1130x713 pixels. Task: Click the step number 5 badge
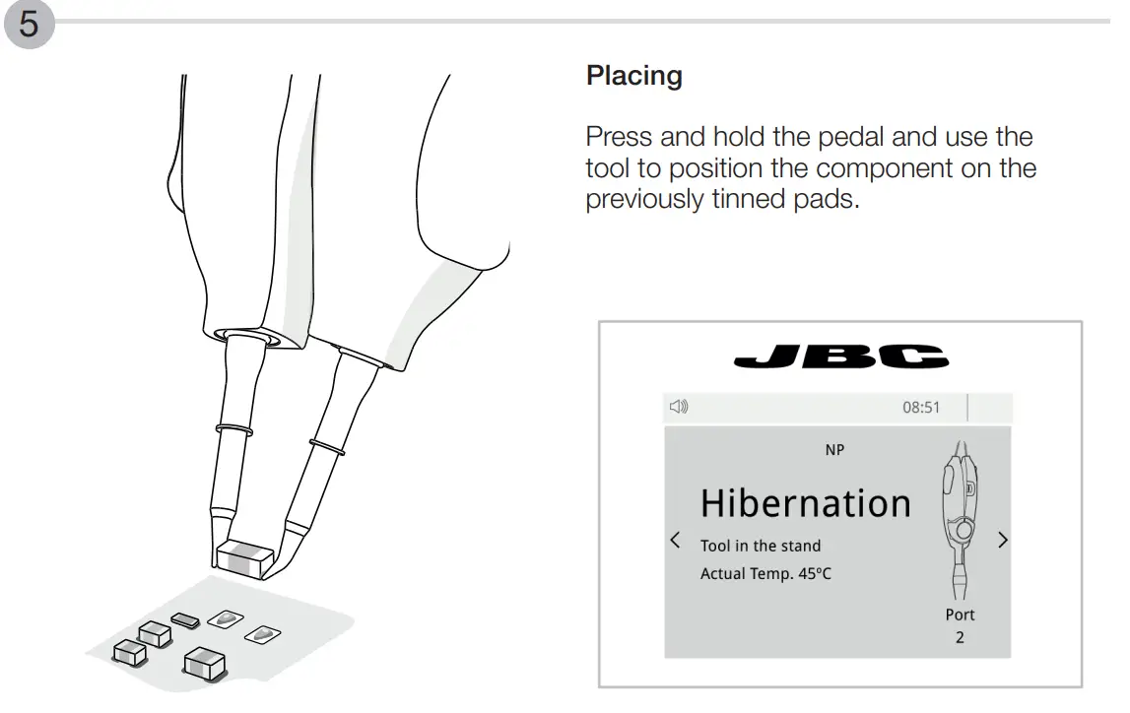coord(30,24)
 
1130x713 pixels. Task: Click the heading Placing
coord(633,76)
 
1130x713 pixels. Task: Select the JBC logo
coord(840,356)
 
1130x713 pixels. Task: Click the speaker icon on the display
coord(679,407)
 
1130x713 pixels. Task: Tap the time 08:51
coord(921,408)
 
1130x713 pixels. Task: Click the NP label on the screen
coord(834,450)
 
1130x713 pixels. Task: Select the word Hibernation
coord(805,503)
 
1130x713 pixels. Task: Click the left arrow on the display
coord(675,540)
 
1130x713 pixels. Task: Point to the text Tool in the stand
coord(760,546)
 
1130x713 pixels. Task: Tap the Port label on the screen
coord(960,615)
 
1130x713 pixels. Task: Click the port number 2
coord(960,637)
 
